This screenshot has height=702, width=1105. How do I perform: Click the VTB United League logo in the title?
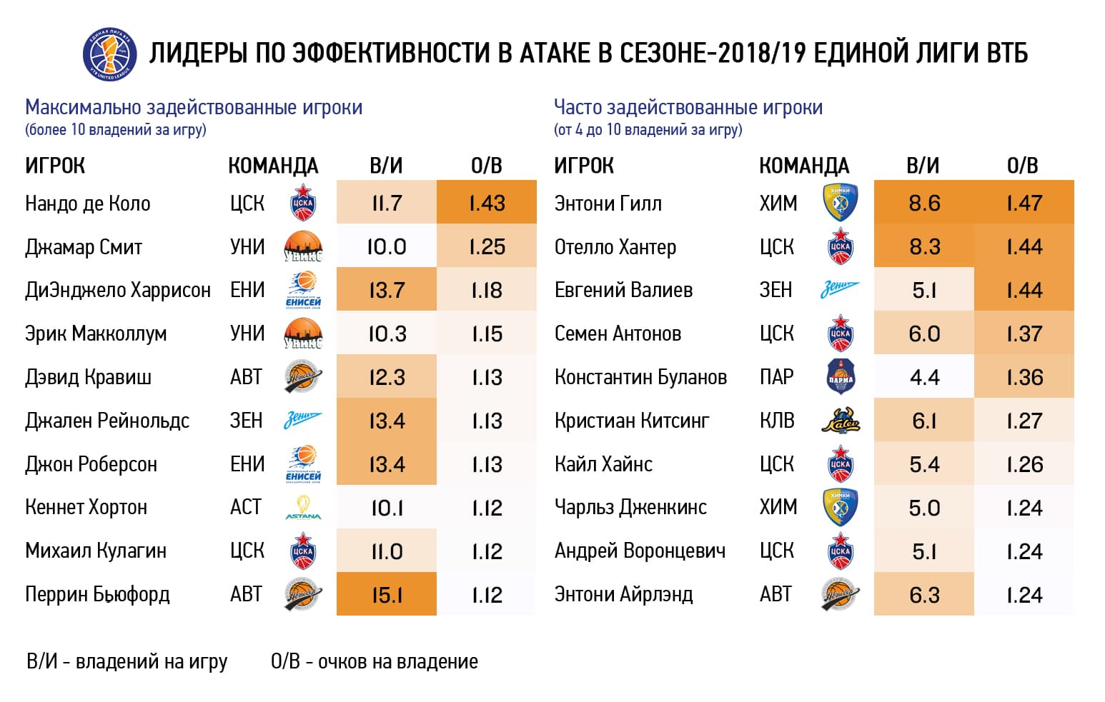pyautogui.click(x=109, y=54)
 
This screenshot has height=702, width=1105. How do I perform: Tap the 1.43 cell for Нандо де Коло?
pyautogui.click(x=487, y=204)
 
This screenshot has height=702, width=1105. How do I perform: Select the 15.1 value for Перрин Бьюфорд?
pyautogui.click(x=387, y=595)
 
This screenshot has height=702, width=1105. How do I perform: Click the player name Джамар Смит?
pyautogui.click(x=84, y=247)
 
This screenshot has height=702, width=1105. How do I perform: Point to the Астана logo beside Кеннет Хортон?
pyautogui.click(x=303, y=508)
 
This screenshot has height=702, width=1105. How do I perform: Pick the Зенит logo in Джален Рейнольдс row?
pyautogui.click(x=303, y=421)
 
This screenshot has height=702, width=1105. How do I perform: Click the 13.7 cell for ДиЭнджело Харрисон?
pyautogui.click(x=387, y=291)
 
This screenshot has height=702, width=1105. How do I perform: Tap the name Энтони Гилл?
pyautogui.click(x=608, y=204)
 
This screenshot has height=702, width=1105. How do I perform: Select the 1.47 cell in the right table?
pyautogui.click(x=1024, y=204)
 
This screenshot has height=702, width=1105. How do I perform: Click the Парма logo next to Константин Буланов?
pyautogui.click(x=841, y=377)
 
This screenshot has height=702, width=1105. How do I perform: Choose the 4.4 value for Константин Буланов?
pyautogui.click(x=924, y=378)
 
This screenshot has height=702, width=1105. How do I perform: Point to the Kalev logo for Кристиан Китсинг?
pyautogui.click(x=841, y=421)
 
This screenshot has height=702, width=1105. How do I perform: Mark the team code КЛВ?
pyautogui.click(x=777, y=421)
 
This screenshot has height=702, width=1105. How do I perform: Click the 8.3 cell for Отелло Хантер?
pyautogui.click(x=924, y=247)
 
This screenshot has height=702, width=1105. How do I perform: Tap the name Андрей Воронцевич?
pyautogui.click(x=640, y=551)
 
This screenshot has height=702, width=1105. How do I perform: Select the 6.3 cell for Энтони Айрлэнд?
pyautogui.click(x=924, y=595)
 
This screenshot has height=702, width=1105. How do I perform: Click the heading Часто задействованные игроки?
pyautogui.click(x=688, y=108)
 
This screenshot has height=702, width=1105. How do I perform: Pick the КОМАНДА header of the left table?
pyautogui.click(x=273, y=166)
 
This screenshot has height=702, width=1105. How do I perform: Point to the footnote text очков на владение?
pyautogui.click(x=397, y=662)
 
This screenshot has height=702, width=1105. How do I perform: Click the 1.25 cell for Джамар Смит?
pyautogui.click(x=487, y=247)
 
